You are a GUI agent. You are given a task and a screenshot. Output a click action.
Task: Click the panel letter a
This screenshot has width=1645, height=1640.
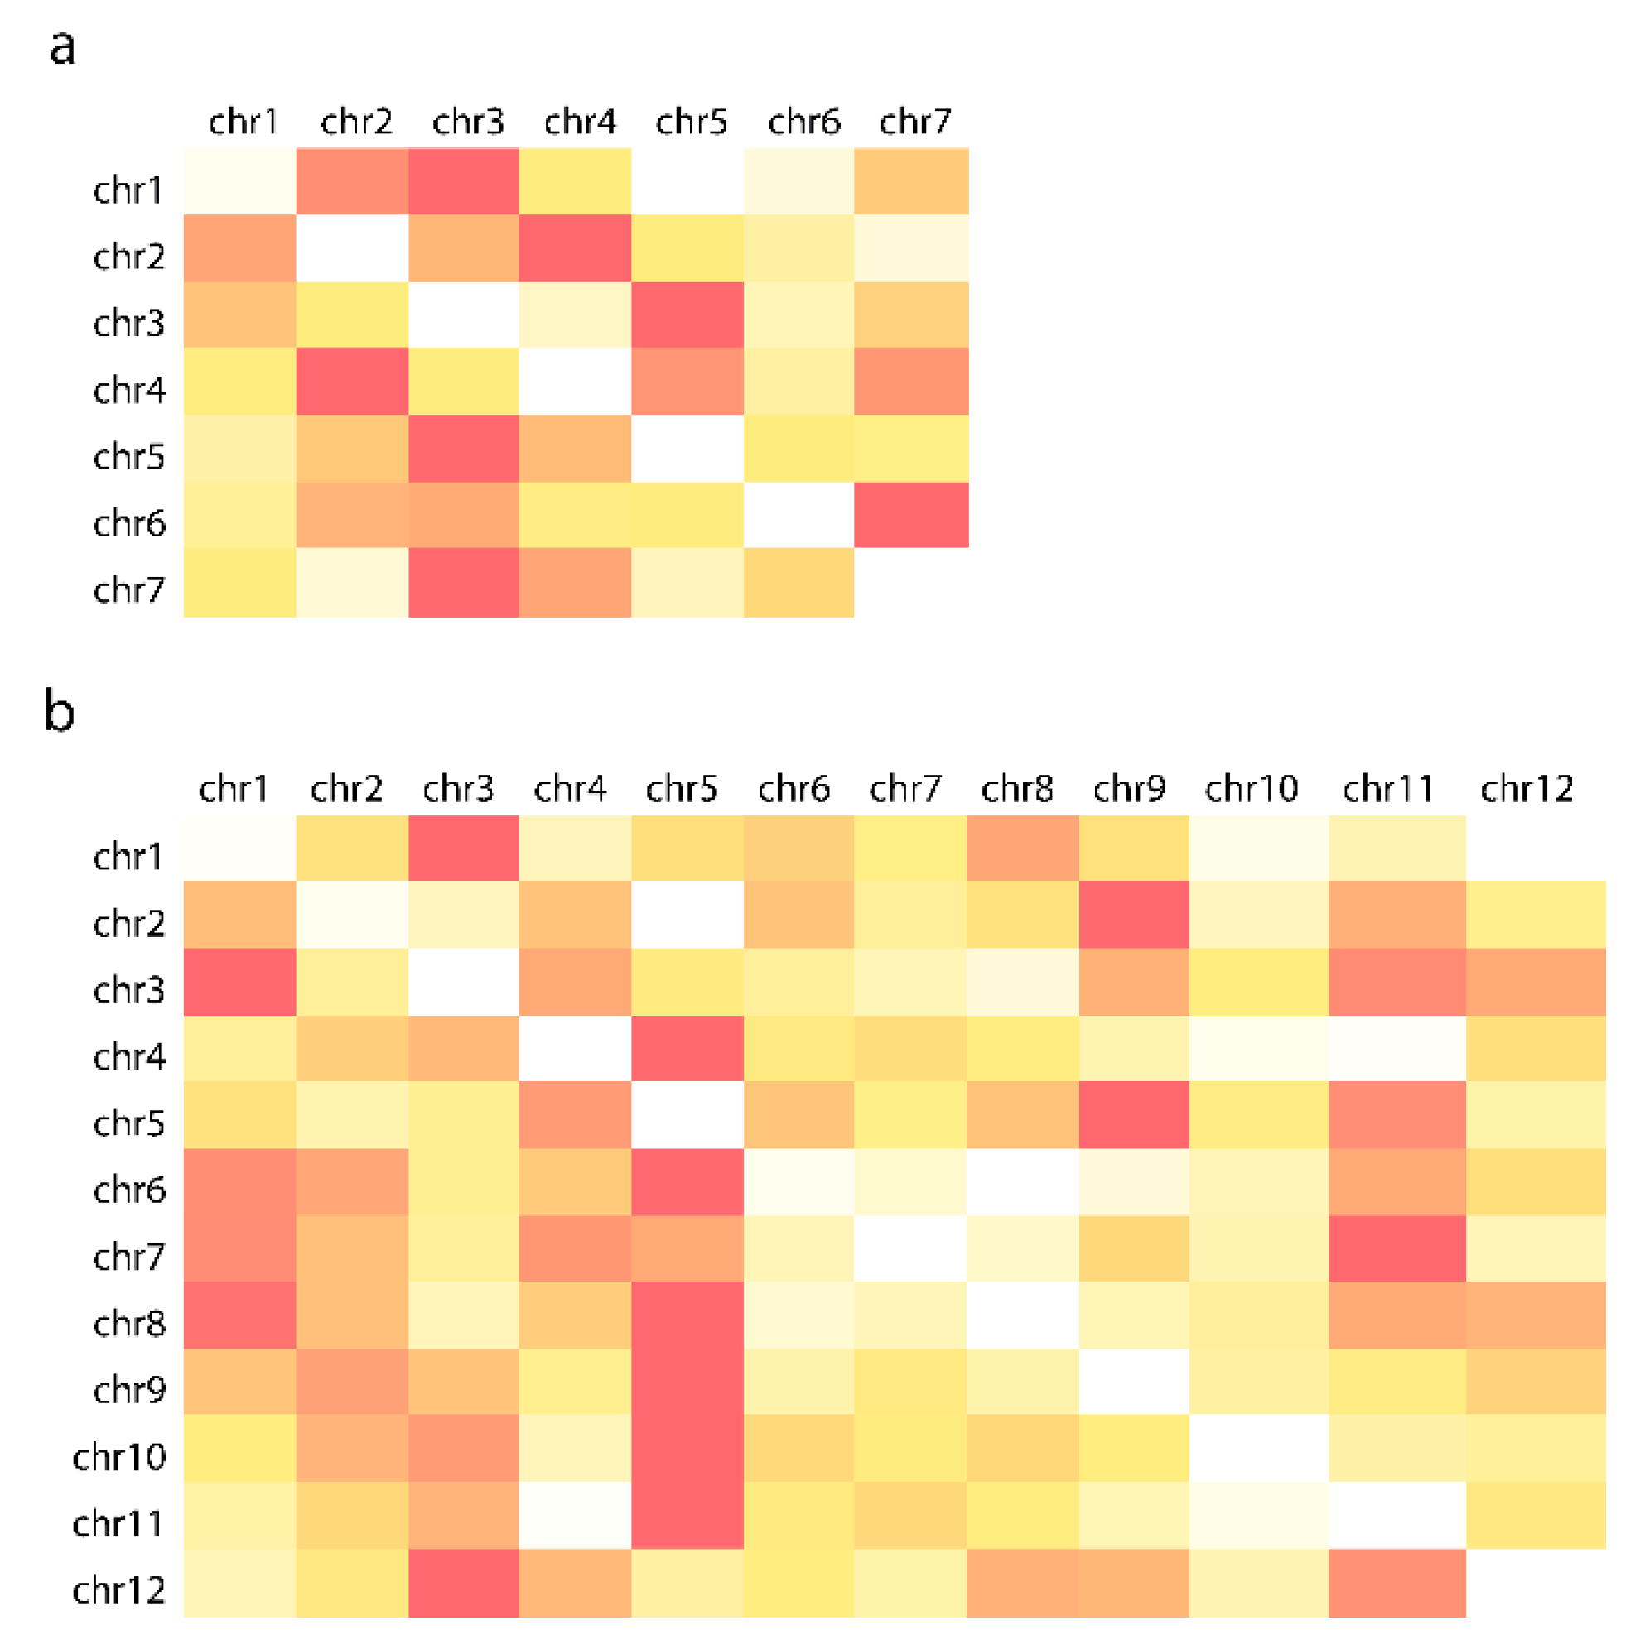click(x=62, y=48)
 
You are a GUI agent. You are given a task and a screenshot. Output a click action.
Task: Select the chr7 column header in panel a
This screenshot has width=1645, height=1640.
click(x=915, y=122)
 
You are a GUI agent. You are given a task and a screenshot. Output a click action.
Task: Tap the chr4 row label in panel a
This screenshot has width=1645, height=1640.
click(x=128, y=390)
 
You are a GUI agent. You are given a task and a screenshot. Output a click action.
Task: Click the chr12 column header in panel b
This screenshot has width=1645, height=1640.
click(x=1527, y=789)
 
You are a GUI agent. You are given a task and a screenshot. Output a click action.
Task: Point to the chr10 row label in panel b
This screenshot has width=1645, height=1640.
click(x=119, y=1457)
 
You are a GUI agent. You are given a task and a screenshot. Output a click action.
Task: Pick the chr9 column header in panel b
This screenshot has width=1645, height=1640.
click(x=1129, y=789)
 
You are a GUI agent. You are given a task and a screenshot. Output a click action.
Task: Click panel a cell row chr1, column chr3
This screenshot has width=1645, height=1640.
click(x=463, y=180)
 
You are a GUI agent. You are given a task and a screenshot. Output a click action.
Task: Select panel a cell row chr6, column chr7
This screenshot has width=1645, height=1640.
click(x=911, y=515)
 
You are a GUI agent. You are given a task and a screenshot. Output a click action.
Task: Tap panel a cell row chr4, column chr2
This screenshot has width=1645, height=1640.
click(x=352, y=382)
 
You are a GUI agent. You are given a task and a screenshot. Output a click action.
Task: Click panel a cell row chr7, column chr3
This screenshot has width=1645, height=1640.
click(x=463, y=582)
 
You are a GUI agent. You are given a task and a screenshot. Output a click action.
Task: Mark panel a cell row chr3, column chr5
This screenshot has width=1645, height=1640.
click(x=687, y=315)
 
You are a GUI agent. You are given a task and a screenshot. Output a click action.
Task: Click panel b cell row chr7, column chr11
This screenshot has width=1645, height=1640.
click(x=1397, y=1248)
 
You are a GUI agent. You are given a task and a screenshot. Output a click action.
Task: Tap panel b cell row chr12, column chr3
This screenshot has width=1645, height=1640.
click(x=463, y=1583)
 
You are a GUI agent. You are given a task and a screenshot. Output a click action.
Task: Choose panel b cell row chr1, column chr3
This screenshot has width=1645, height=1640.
click(x=463, y=848)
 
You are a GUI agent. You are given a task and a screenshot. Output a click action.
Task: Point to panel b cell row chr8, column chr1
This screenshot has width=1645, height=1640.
click(x=239, y=1315)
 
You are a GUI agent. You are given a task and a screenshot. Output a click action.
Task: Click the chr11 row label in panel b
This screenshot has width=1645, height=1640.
click(x=119, y=1523)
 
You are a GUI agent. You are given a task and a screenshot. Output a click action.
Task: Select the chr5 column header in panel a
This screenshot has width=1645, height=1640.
click(x=692, y=122)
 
